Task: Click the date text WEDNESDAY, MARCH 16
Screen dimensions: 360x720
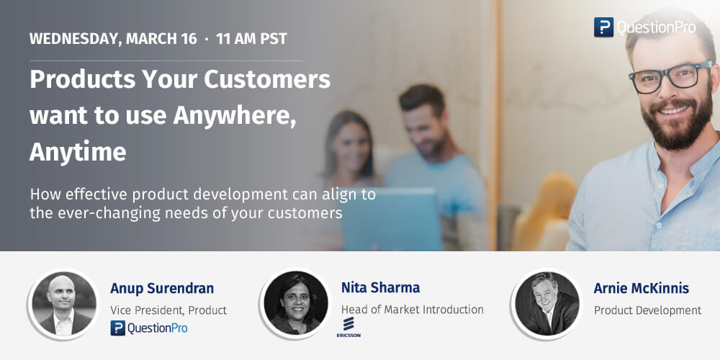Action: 113,39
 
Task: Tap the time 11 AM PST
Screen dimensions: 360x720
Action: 251,39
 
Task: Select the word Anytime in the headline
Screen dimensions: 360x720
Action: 78,152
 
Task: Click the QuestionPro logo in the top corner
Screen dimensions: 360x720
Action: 644,27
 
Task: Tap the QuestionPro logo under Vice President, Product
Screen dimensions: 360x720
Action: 149,328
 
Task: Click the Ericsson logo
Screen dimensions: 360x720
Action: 348,328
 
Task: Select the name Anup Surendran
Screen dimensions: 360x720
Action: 162,289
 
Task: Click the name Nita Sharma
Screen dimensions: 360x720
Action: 380,288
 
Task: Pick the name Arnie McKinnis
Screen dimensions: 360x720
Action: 641,289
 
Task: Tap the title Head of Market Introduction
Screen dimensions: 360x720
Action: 412,310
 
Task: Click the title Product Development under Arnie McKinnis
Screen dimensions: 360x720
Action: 647,310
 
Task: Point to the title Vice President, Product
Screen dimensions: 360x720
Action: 168,310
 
